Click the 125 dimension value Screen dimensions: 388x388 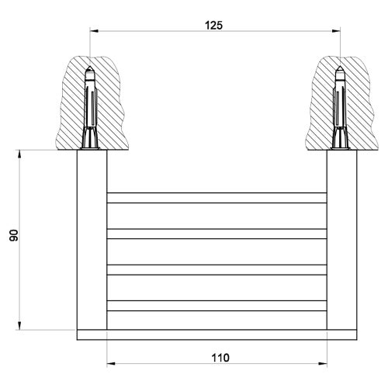pyautogui.click(x=214, y=25)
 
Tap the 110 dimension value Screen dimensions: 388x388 pyautogui.click(x=220, y=358)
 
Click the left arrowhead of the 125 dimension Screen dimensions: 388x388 pyautogui.click(x=95, y=32)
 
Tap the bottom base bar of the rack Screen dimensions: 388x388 pyautogui.click(x=215, y=335)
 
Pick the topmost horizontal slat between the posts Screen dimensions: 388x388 pyautogui.click(x=215, y=197)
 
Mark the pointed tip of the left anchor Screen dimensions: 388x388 pyautogui.click(x=91, y=71)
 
